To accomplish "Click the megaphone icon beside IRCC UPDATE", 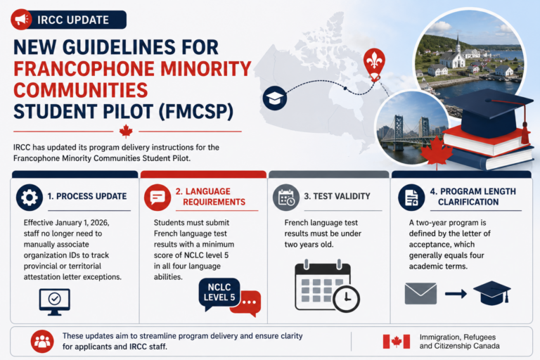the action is pyautogui.click(x=21, y=19).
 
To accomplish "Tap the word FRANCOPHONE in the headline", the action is pyautogui.click(x=84, y=69).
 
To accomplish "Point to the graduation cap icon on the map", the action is pyautogui.click(x=275, y=98).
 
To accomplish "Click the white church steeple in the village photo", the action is pyautogui.click(x=458, y=44).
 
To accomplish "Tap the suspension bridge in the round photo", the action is pyautogui.click(x=410, y=133).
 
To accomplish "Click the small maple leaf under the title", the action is pyautogui.click(x=126, y=131).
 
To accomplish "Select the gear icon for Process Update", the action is pyautogui.click(x=30, y=198).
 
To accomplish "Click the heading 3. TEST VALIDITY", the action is pyautogui.click(x=337, y=196).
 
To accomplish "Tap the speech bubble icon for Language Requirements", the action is pyautogui.click(x=157, y=198).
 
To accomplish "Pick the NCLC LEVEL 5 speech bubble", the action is pyautogui.click(x=219, y=292).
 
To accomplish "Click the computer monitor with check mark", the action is pyautogui.click(x=54, y=302).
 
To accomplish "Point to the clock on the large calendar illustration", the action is pyautogui.click(x=346, y=299).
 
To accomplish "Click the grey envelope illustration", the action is pyautogui.click(x=420, y=293).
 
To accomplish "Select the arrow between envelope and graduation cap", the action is pyautogui.click(x=456, y=294).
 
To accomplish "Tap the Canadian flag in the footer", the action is pyautogui.click(x=397, y=342).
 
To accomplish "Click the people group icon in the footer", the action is pyautogui.click(x=42, y=342).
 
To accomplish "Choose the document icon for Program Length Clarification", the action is pyautogui.click(x=411, y=198).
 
